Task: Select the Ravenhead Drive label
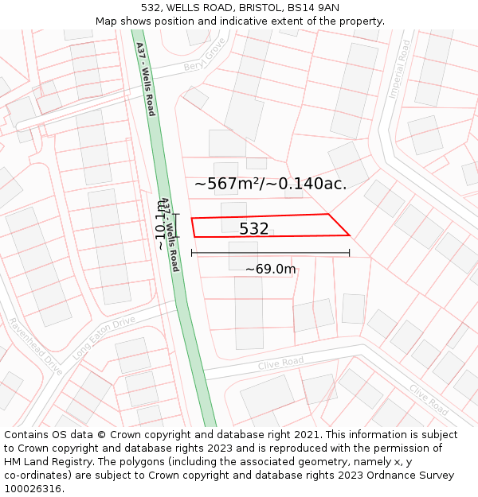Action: pyautogui.click(x=34, y=347)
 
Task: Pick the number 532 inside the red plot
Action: pyautogui.click(x=254, y=229)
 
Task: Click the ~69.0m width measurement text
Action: pyautogui.click(x=270, y=269)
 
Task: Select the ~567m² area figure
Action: pyautogui.click(x=229, y=184)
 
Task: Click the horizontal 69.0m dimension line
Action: pyautogui.click(x=270, y=254)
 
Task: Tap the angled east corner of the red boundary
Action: pyautogui.click(x=349, y=235)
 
